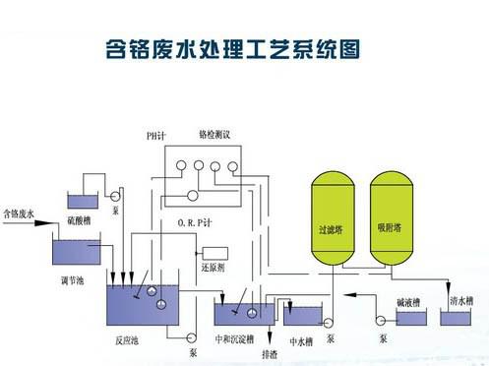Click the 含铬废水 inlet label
coord(22,212)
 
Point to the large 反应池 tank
coord(143,305)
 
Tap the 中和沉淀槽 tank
coord(239,313)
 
